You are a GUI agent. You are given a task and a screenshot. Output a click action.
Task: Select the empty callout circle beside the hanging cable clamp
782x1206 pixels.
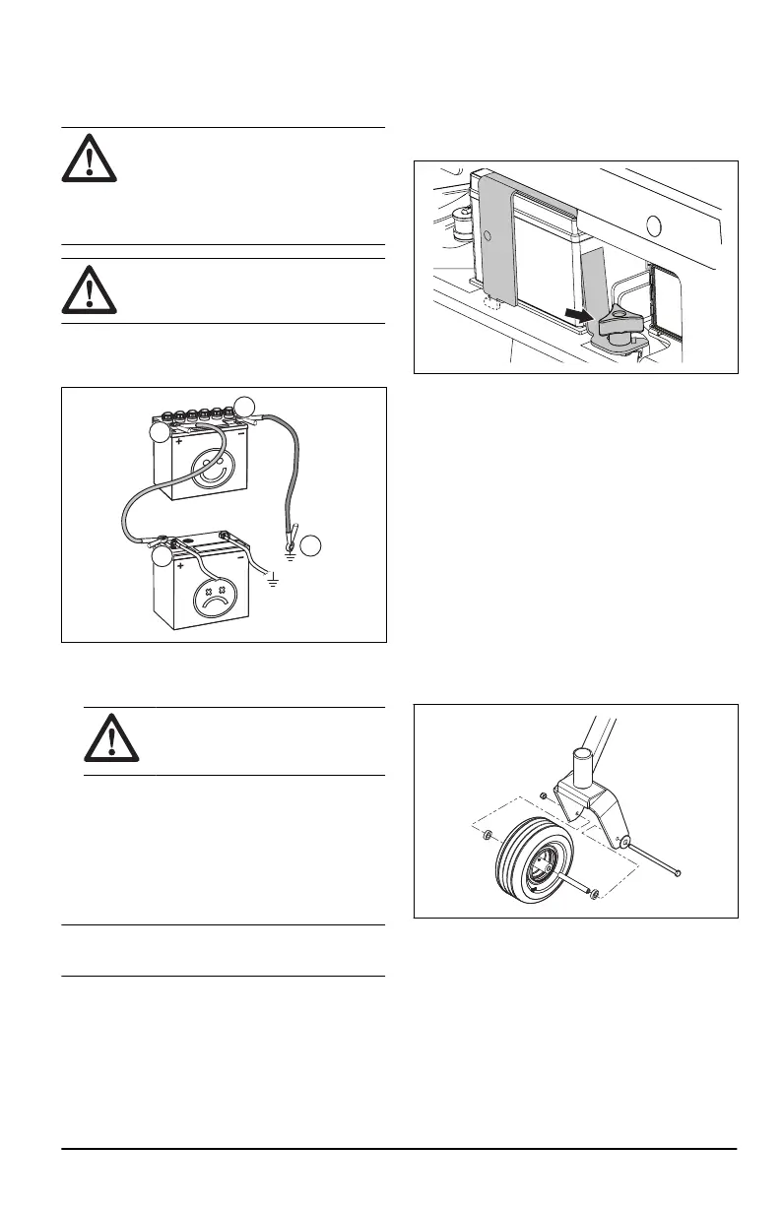(x=310, y=543)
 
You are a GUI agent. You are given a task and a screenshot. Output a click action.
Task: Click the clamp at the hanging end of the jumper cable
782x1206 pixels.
(x=292, y=537)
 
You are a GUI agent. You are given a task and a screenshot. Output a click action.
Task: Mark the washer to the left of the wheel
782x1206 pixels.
(x=489, y=837)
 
